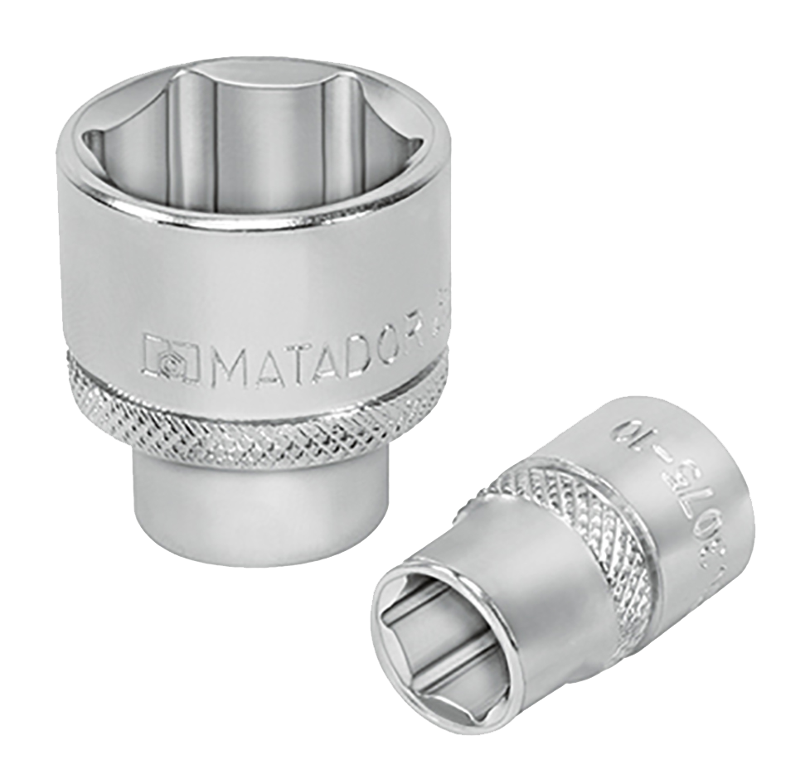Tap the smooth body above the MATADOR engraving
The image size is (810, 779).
coord(249,273)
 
